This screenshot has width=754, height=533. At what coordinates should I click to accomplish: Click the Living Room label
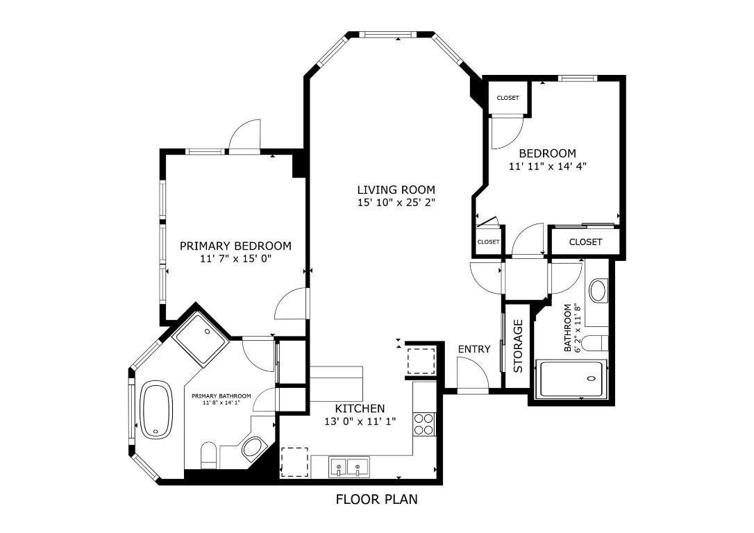[x=396, y=189]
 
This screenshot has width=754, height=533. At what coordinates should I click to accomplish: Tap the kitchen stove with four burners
[x=424, y=423]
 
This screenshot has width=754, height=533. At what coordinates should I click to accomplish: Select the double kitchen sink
[x=349, y=466]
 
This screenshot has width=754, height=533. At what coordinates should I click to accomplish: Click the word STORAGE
[x=518, y=346]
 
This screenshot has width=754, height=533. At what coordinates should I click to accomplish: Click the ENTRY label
[x=474, y=349]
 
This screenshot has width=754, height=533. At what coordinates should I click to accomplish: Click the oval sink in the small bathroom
[x=598, y=290]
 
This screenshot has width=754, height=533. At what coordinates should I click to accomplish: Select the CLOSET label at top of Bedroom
[x=508, y=98]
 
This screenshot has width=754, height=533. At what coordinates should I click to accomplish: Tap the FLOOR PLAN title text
[x=377, y=499]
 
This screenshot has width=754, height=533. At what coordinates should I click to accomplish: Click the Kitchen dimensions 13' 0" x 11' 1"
[x=360, y=421]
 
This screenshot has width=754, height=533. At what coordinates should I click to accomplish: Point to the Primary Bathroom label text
[x=221, y=396]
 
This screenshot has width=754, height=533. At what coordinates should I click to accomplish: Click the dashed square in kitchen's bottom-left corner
[x=294, y=462]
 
